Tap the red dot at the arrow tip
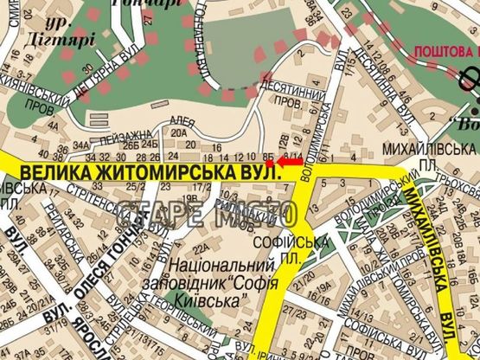[x=269, y=163]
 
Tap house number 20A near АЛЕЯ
[x=179, y=132]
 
